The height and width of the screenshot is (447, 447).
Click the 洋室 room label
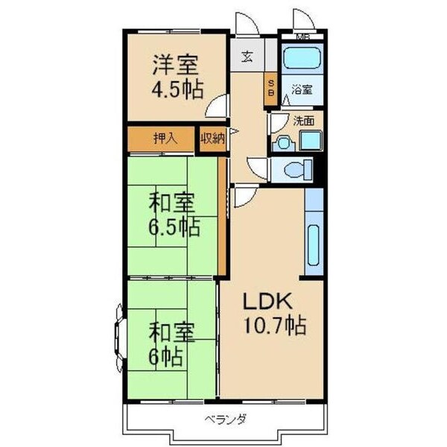[176, 63]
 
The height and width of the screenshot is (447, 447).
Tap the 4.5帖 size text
[177, 90]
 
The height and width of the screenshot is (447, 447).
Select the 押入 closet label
[164, 139]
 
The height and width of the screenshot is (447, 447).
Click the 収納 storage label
[212, 139]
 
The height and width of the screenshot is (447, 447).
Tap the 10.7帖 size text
[274, 326]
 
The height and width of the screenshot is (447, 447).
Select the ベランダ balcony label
[226, 419]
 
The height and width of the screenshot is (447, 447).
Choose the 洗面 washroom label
[302, 119]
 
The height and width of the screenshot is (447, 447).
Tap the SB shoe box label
[271, 88]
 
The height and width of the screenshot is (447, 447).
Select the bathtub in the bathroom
[301, 59]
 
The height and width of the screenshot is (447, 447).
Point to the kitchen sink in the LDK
[314, 246]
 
